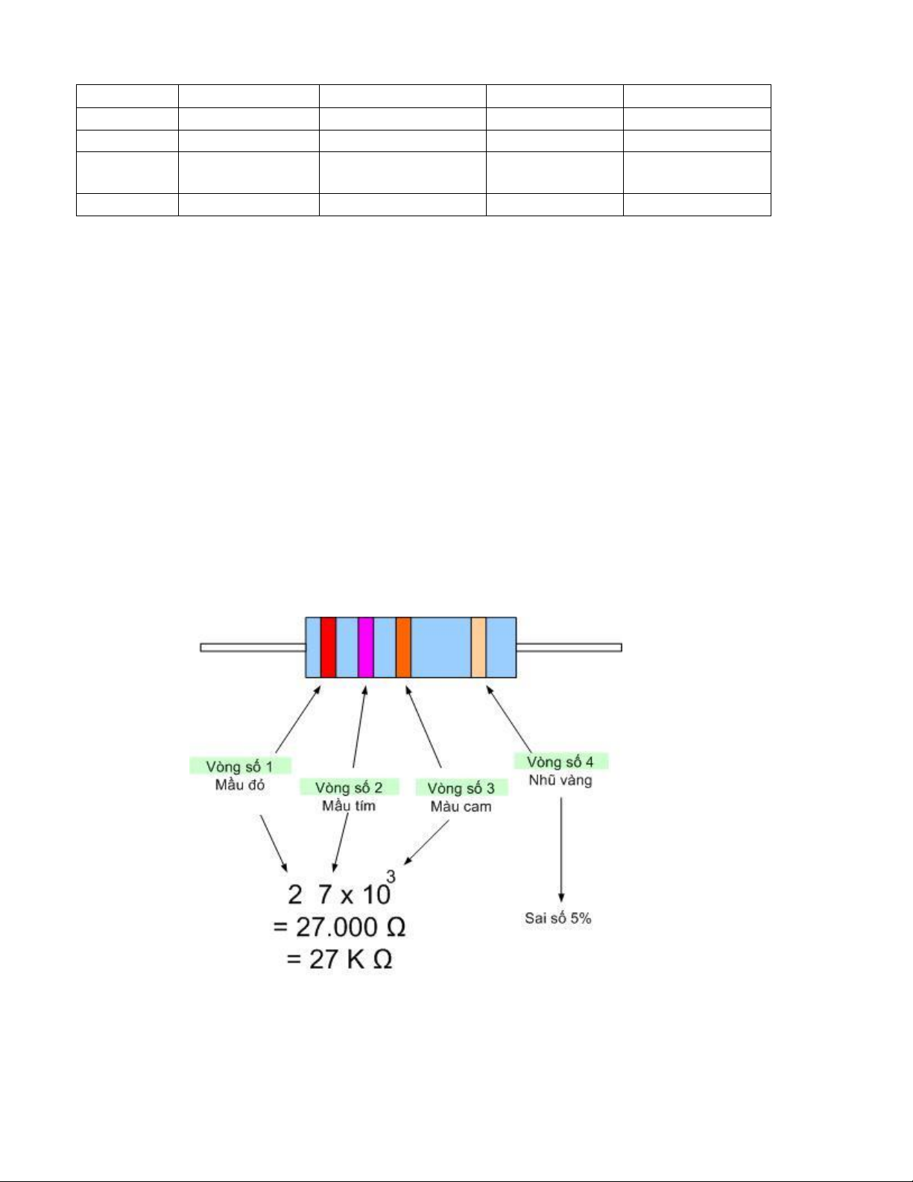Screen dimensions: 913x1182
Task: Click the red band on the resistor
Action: [x=328, y=647]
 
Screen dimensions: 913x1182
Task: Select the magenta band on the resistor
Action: [x=366, y=647]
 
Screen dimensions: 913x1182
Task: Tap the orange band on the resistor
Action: [x=403, y=647]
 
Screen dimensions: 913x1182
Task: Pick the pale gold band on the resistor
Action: [x=478, y=647]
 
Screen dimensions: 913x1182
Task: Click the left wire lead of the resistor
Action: [x=253, y=647]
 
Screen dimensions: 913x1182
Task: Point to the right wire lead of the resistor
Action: [x=569, y=647]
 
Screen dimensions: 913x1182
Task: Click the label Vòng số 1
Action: [x=240, y=767]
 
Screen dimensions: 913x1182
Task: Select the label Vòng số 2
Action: [x=349, y=787]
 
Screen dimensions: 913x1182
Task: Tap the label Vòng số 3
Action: [x=461, y=788]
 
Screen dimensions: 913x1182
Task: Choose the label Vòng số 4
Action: [x=560, y=761]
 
